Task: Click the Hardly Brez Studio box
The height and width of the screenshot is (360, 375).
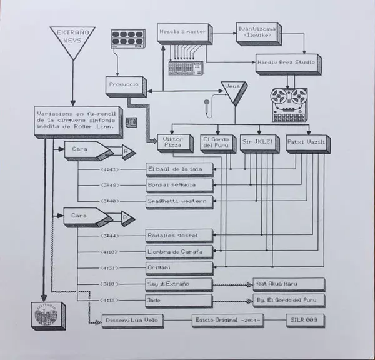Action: pos(286,62)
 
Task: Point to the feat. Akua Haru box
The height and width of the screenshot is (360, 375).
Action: pos(287,284)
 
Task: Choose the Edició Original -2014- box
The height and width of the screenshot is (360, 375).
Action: pos(231,319)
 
